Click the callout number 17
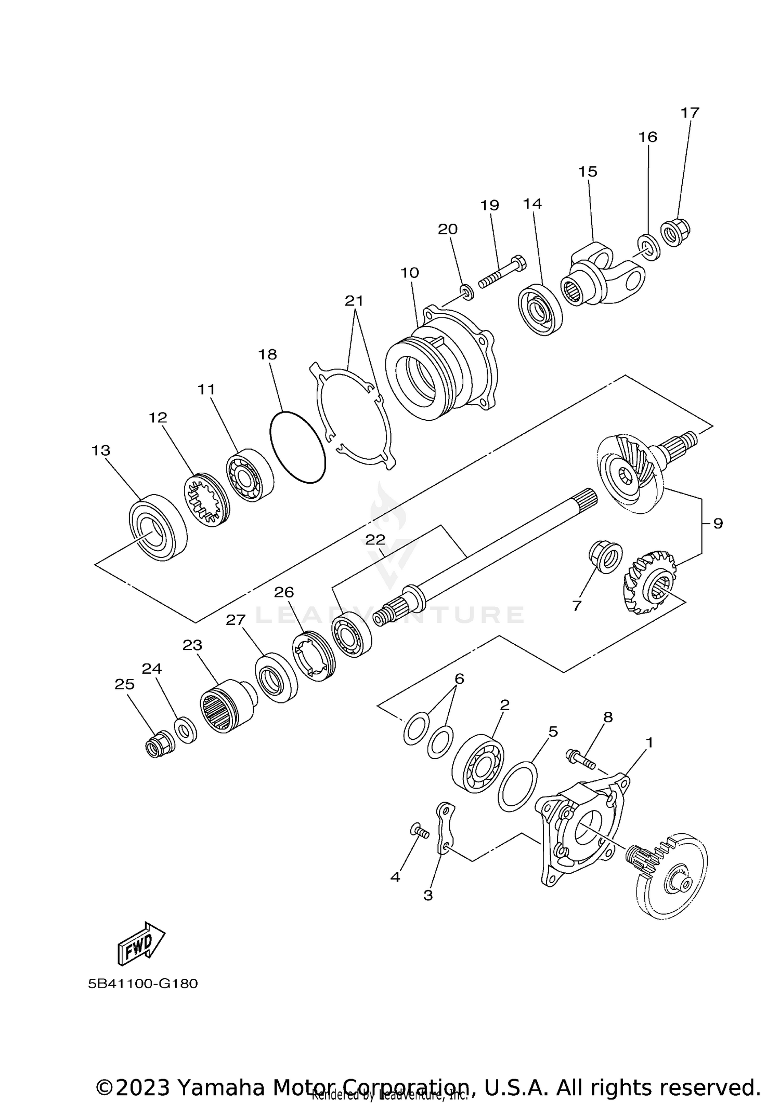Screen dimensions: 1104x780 (690, 112)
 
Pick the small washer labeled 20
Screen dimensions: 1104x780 (467, 291)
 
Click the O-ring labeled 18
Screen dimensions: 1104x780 (298, 447)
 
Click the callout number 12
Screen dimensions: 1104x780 (158, 417)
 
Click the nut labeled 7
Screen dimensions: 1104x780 (606, 557)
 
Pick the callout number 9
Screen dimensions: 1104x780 (718, 523)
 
